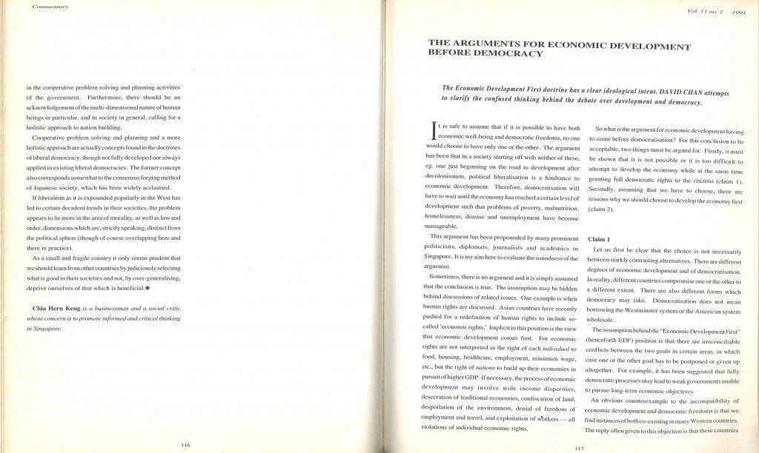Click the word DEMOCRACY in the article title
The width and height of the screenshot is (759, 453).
click(511, 53)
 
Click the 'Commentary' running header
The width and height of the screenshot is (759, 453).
click(51, 7)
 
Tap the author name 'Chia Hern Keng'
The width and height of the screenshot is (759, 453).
click(60, 307)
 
